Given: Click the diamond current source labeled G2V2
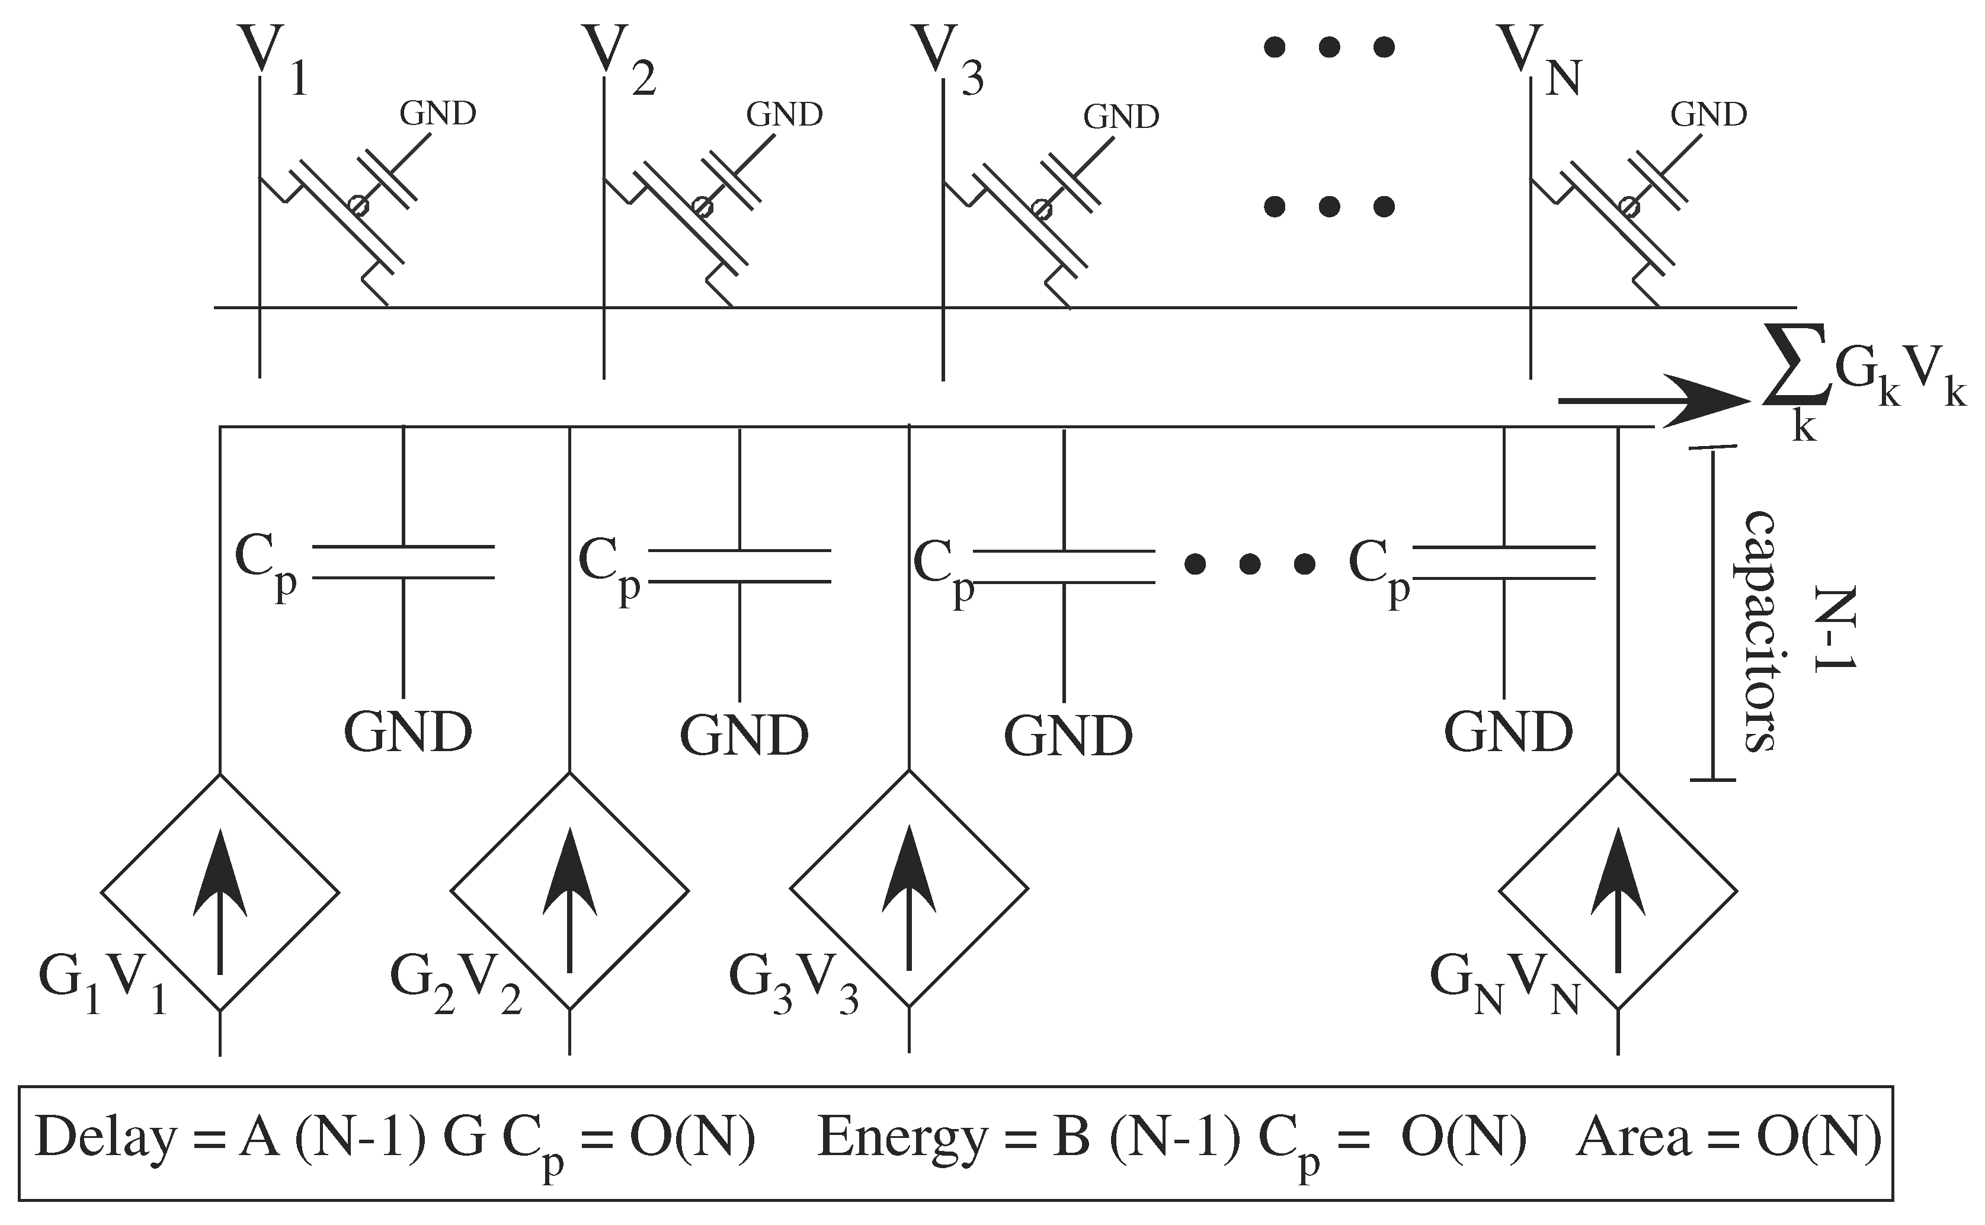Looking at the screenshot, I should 569,890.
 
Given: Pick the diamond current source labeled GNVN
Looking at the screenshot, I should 1618,890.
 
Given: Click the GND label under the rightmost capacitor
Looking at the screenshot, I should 1508,732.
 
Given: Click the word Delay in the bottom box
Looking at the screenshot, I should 106,1139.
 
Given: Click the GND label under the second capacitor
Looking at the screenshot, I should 744,734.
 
